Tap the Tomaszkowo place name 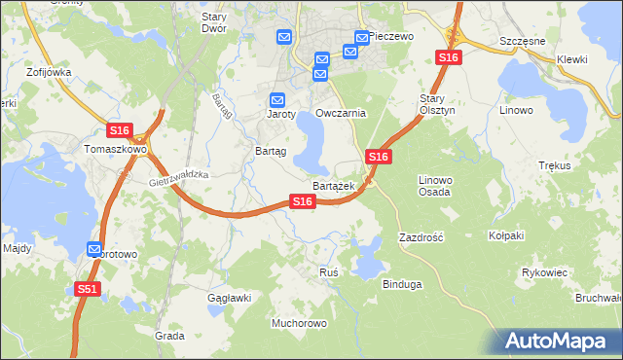coord(115,150)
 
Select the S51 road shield coord(87,289)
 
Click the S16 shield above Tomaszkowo coord(119,130)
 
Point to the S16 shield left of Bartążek coord(303,201)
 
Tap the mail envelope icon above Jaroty coord(277,99)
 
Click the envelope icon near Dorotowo coord(94,249)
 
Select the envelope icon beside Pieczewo coord(362,39)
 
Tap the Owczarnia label coord(340,113)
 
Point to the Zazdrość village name coord(421,237)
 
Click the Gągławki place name coord(230,298)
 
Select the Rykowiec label coord(544,272)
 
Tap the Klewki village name coord(572,59)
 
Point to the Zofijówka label coord(51,72)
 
